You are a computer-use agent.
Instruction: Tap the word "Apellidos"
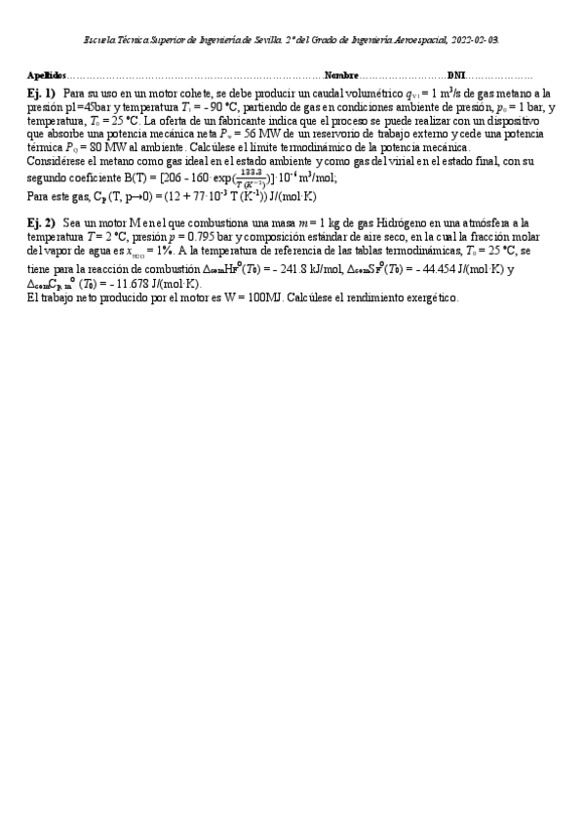[47, 75]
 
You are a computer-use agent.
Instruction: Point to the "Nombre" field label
[341, 75]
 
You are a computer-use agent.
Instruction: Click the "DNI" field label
[456, 75]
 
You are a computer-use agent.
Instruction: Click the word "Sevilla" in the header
[270, 39]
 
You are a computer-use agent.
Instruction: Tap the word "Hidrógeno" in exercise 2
[420, 223]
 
